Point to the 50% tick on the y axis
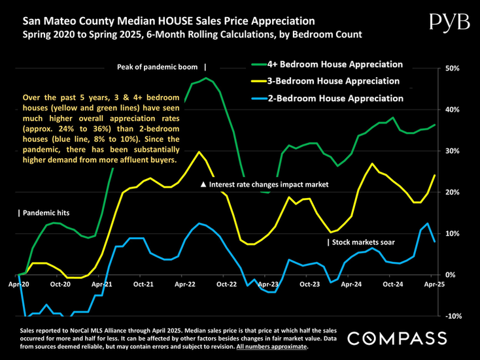[453, 68]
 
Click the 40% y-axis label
[453, 109]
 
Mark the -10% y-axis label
[453, 316]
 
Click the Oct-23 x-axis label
[309, 285]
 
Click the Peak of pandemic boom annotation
[161, 67]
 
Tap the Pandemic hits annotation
[44, 213]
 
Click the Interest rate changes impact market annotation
[264, 185]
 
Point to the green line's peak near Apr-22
[206, 78]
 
